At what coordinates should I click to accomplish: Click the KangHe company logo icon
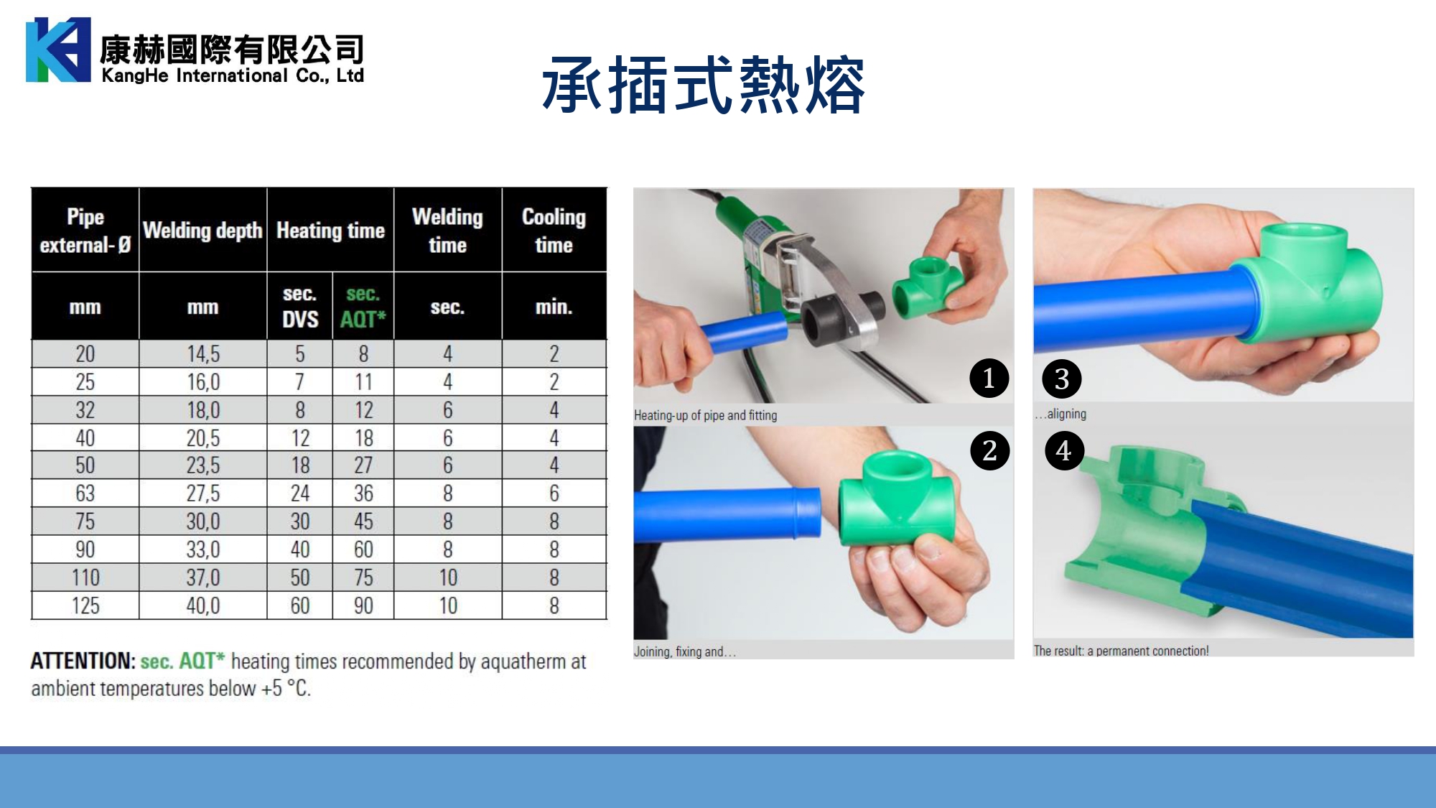(58, 50)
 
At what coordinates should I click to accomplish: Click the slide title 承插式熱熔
(704, 85)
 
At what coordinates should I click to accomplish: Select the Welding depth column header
(202, 231)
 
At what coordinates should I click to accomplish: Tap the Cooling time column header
(554, 231)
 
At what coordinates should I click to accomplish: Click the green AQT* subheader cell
(363, 306)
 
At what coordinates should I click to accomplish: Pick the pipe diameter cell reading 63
(85, 493)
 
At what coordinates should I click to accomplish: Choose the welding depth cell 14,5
(203, 354)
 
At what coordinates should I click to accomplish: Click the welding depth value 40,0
(203, 605)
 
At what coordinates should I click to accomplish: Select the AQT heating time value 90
(363, 605)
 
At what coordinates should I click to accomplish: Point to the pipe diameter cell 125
(85, 605)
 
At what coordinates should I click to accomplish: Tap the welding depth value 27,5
(203, 493)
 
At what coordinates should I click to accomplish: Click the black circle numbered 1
(989, 379)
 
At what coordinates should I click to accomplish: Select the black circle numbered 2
(990, 450)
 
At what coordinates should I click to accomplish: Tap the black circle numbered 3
(1062, 379)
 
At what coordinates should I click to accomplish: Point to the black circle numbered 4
(1064, 450)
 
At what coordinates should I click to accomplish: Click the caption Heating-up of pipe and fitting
(705, 415)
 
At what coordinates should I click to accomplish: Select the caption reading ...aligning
(1060, 414)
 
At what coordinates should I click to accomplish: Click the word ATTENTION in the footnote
(83, 661)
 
